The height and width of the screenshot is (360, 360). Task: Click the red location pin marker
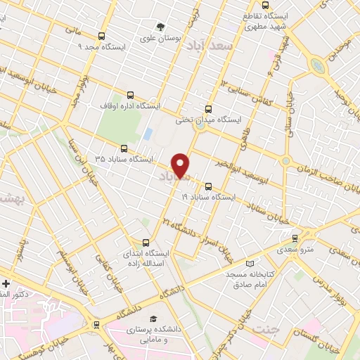tap(181, 165)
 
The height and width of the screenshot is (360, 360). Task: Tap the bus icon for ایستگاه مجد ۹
tap(102, 36)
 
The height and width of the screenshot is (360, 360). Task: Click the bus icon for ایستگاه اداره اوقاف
tap(129, 95)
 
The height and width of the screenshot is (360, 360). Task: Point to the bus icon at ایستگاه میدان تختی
tap(207, 109)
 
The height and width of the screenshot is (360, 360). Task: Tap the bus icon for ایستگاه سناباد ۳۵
tap(124, 148)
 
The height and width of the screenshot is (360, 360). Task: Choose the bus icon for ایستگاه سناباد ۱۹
tap(208, 187)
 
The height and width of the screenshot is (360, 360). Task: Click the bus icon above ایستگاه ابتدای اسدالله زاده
tap(146, 241)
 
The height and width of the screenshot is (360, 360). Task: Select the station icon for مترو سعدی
tap(295, 238)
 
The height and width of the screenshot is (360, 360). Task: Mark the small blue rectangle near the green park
tap(148, 132)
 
